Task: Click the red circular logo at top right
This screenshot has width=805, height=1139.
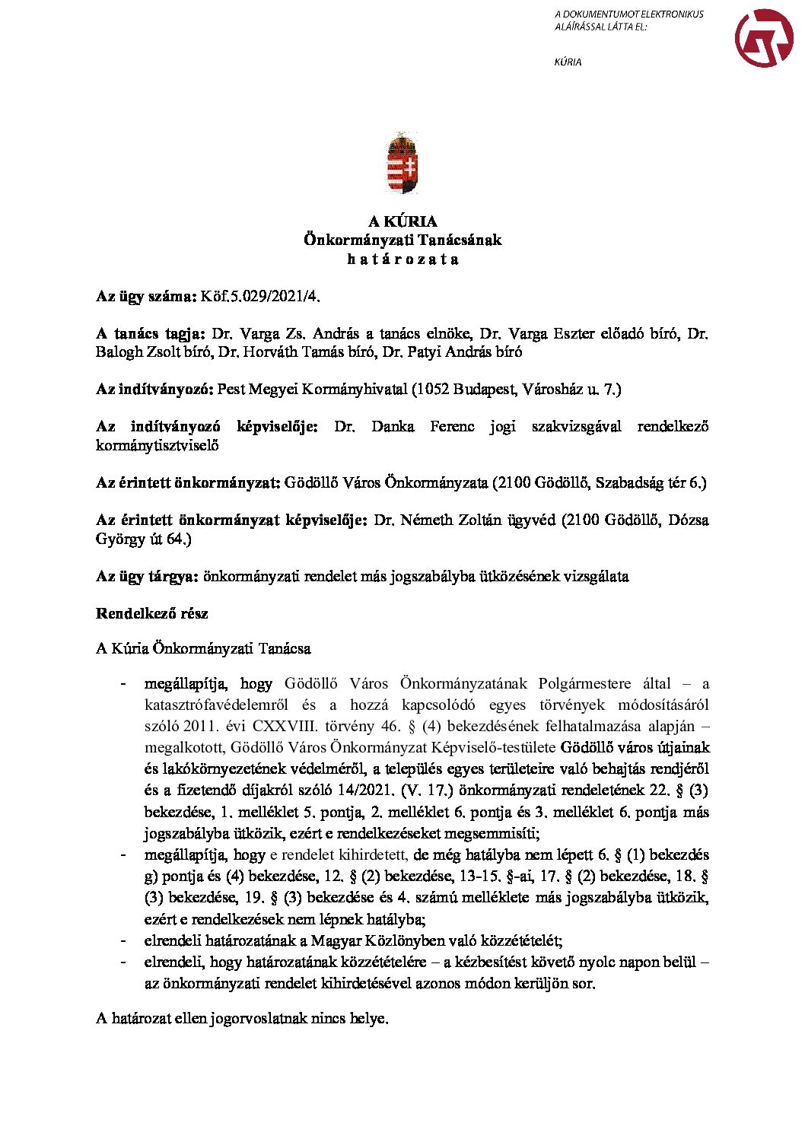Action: tap(764, 38)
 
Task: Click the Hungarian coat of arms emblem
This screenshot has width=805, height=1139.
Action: tap(402, 163)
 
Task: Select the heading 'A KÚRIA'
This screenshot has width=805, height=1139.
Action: tap(402, 221)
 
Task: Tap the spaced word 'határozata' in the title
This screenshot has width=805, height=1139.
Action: tap(402, 259)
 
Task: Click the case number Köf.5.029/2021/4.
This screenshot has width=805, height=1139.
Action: tap(266, 296)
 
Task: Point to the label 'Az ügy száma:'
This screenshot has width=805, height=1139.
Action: tap(146, 296)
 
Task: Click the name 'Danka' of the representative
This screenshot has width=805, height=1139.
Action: tap(393, 426)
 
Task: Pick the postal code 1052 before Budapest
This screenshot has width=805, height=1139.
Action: tap(433, 390)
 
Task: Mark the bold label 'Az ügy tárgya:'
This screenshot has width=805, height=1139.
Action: tap(147, 576)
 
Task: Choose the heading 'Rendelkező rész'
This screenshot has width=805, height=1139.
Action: tap(151, 613)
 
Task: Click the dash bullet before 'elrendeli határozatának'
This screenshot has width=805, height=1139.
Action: tap(123, 940)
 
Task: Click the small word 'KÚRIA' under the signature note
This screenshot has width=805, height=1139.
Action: tap(568, 62)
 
